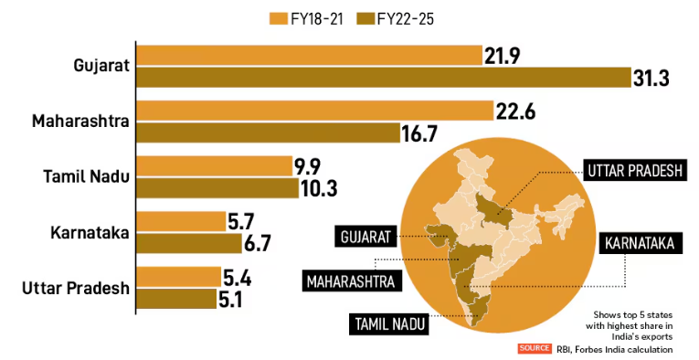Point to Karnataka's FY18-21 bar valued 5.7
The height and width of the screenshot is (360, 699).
pos(181,221)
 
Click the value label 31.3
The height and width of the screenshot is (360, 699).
pos(651,79)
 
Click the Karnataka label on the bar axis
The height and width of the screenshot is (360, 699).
pos(90,232)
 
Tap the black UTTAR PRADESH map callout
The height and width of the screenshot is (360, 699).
pos(632,170)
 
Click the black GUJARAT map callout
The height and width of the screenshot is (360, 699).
pos(365,237)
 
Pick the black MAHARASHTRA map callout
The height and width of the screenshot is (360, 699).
pos(353,280)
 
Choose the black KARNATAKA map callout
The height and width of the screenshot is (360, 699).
pos(638,243)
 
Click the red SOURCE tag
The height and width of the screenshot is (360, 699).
pos(534,348)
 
